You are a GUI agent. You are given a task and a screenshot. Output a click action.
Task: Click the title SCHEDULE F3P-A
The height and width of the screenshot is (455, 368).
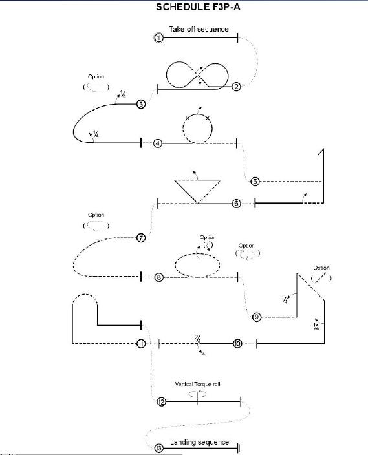(x=198, y=6)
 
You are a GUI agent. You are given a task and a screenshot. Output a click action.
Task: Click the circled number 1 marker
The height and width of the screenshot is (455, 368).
(x=158, y=37)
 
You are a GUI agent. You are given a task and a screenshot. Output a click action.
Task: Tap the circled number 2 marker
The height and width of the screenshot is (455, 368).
(x=237, y=87)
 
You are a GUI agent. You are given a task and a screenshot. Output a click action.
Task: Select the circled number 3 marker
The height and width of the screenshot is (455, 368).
(x=141, y=104)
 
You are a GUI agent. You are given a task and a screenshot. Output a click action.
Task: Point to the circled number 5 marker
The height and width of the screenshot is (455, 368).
(x=255, y=182)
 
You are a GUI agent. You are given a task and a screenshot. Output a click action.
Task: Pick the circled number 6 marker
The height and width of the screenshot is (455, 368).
(x=237, y=204)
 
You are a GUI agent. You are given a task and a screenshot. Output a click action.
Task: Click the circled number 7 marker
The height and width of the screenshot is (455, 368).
(x=141, y=238)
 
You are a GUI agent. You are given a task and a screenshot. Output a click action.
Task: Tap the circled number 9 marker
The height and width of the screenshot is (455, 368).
(x=257, y=317)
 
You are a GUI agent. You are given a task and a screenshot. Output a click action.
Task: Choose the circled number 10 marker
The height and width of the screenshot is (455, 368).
(x=237, y=344)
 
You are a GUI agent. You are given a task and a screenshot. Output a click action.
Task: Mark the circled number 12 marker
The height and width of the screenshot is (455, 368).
(x=162, y=402)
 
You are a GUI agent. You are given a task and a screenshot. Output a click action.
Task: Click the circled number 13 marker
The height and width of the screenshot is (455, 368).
(x=159, y=449)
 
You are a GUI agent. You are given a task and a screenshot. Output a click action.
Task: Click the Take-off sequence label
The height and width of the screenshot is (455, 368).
(x=199, y=29)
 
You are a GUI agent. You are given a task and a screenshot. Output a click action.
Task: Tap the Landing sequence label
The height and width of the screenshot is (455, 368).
(x=200, y=442)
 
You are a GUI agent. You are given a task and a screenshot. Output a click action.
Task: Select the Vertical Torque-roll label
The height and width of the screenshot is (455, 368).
(x=197, y=384)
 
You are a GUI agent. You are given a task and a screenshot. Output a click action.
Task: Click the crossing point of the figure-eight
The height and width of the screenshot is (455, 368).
(x=198, y=76)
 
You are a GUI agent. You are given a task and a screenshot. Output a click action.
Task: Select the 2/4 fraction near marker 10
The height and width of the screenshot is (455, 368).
(x=197, y=339)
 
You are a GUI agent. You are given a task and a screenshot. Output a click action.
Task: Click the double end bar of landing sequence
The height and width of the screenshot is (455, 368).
(x=238, y=449)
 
